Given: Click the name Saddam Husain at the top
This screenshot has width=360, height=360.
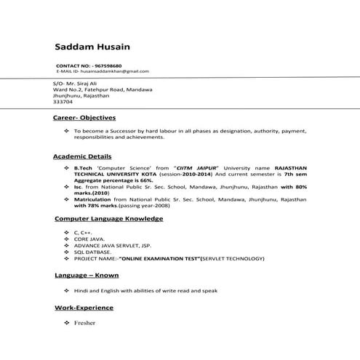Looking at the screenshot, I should click(92, 47).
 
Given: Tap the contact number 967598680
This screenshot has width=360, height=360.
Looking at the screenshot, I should click(106, 65).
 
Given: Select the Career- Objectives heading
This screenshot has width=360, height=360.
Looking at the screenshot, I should click(84, 117).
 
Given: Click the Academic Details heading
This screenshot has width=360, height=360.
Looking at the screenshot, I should click(82, 156).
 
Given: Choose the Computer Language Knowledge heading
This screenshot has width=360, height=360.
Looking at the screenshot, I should click(108, 218).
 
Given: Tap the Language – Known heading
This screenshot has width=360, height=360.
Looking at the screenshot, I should click(87, 276).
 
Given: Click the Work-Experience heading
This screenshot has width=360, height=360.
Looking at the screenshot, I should click(84, 308).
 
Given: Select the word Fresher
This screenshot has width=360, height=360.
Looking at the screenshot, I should click(84, 322).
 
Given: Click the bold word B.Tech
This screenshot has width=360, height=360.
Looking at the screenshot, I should click(84, 167).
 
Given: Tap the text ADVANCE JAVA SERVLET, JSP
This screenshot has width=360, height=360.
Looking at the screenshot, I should click(107, 244).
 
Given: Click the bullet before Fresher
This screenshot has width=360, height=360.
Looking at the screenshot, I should click(66, 322).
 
